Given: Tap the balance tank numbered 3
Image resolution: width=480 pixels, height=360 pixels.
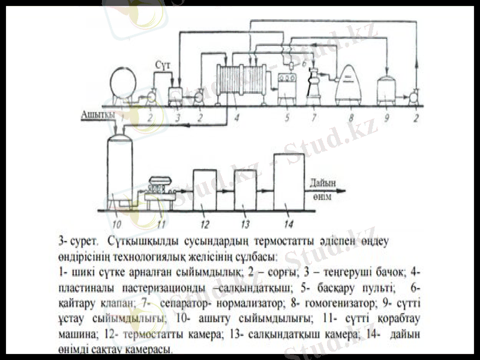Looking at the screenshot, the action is pyautogui.click(x=176, y=95).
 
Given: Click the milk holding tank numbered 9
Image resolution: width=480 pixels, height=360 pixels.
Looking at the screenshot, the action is pyautogui.click(x=386, y=90).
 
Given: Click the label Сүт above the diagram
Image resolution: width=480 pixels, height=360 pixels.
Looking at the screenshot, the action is pyautogui.click(x=163, y=63).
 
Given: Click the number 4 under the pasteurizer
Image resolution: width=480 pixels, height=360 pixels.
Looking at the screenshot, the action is pyautogui.click(x=237, y=118).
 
